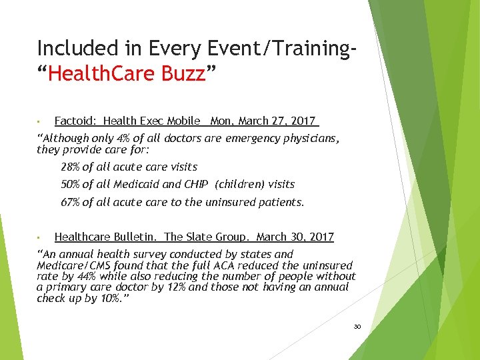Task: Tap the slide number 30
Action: coord(357,327)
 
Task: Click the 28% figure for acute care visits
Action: coord(70,167)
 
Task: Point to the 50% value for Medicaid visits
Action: coord(70,184)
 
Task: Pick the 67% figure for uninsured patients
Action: coord(70,202)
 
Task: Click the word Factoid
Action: coord(75,121)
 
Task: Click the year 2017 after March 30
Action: coord(321,237)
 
